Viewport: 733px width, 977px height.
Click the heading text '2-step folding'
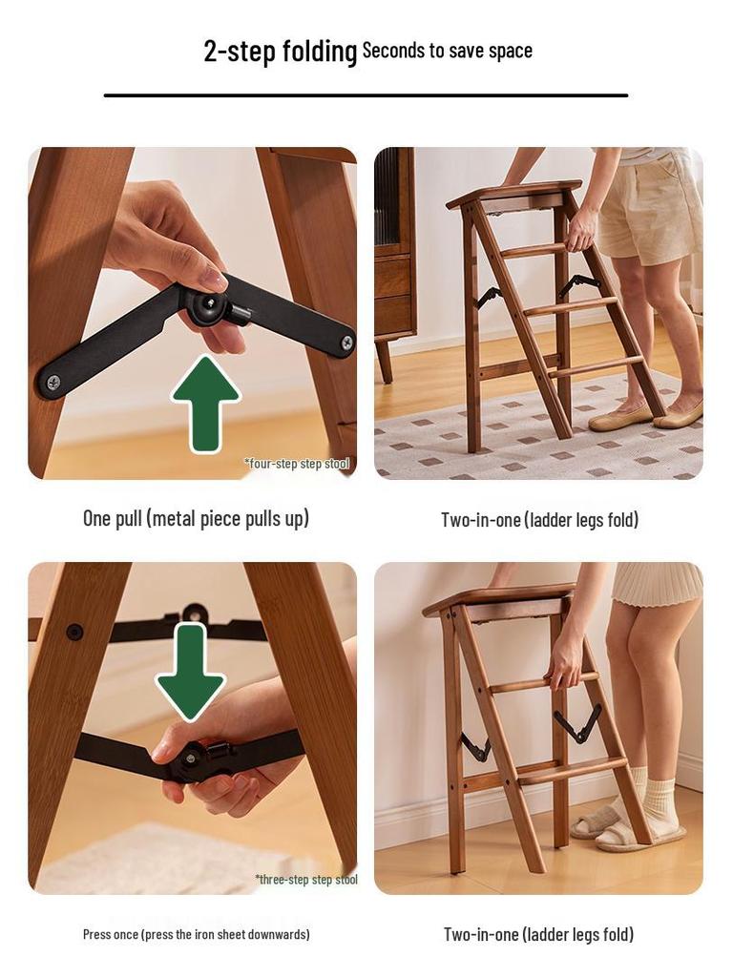pos(280,51)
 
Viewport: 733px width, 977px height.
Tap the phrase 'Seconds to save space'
pos(447,51)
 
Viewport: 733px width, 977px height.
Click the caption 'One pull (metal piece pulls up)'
pos(196,518)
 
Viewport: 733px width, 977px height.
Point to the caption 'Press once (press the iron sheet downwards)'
pos(196,934)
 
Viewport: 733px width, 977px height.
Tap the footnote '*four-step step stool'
pos(297,464)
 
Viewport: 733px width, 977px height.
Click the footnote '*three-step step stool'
pos(305,879)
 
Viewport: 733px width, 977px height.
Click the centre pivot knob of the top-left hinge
pos(203,305)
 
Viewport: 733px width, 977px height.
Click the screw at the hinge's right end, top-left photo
pos(346,342)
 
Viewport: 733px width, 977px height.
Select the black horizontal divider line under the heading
pos(366,95)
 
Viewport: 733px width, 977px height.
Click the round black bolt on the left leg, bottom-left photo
pos(74,632)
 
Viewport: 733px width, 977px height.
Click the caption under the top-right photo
pos(539,519)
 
